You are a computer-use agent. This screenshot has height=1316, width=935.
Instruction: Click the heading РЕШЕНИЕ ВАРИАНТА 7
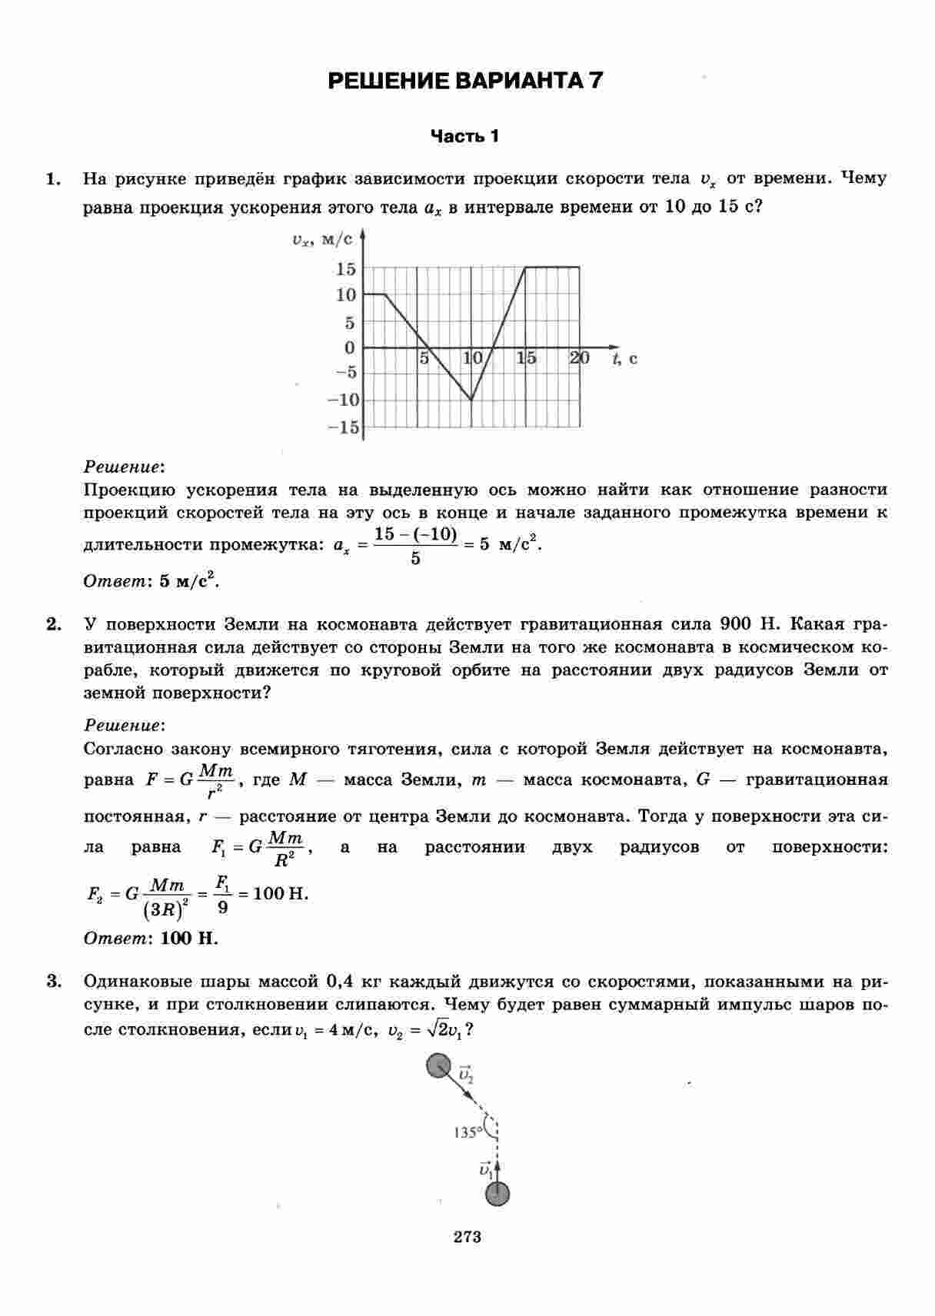tap(465, 81)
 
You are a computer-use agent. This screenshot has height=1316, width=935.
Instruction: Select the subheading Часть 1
tap(464, 137)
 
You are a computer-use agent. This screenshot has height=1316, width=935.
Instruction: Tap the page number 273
tap(467, 1237)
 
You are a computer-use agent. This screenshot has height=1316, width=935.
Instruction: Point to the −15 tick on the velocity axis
tap(343, 427)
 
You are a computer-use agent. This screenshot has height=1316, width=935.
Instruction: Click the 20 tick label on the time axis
tap(579, 358)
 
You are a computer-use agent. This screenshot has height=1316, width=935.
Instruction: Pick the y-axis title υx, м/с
tap(322, 241)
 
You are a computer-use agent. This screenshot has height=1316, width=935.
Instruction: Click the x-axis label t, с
tap(624, 359)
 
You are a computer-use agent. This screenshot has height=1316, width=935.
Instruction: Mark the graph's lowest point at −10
tap(471, 400)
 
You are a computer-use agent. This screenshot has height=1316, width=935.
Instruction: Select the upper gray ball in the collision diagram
tap(438, 1066)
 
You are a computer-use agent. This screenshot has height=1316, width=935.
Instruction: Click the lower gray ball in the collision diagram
tap(497, 1195)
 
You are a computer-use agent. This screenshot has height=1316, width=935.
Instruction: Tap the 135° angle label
tap(467, 1132)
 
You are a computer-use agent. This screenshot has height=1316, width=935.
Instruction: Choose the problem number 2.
tap(53, 624)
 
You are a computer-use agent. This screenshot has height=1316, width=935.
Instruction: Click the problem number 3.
tap(53, 981)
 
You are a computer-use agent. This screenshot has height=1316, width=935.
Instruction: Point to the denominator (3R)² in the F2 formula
tap(166, 910)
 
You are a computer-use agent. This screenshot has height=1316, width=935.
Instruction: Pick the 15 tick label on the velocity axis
tap(345, 269)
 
